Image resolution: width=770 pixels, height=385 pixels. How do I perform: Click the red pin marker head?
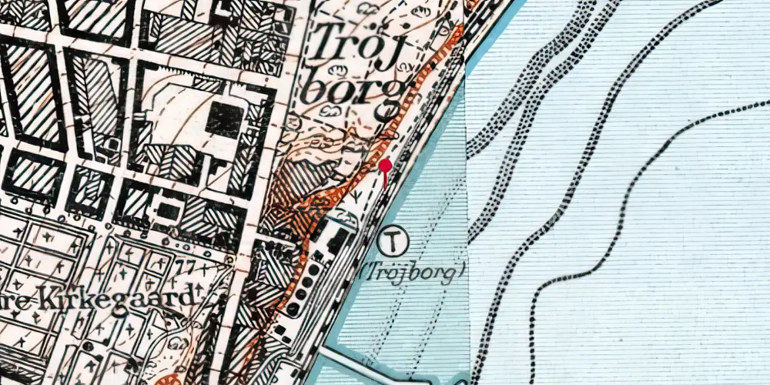(385, 166)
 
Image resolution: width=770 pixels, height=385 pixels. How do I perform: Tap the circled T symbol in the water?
(393, 242)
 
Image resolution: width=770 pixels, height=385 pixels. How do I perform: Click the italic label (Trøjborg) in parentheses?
(413, 272)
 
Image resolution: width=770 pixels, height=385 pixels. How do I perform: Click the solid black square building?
(225, 119)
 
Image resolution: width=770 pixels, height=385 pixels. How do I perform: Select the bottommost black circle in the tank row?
(293, 309)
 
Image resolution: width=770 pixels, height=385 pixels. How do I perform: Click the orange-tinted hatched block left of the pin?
(294, 185)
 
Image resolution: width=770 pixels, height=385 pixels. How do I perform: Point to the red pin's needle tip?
(385, 187)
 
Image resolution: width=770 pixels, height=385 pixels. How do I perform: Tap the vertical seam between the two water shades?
(467, 192)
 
